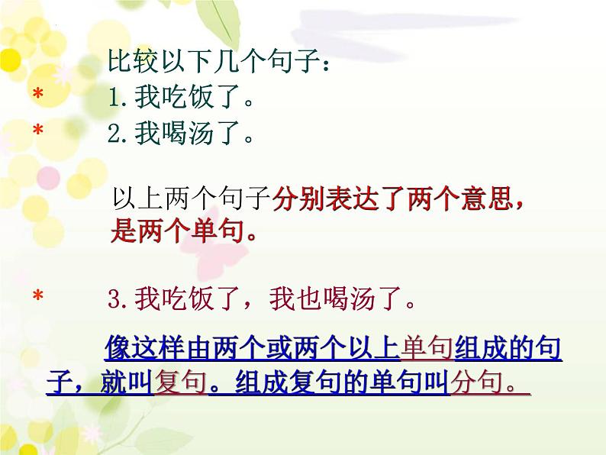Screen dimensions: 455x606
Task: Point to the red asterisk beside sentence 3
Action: click(37, 298)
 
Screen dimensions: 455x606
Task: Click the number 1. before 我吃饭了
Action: click(120, 98)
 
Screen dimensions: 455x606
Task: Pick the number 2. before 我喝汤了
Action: click(120, 135)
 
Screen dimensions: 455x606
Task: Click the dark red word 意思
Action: click(486, 198)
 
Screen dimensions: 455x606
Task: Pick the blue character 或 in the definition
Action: click(265, 349)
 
